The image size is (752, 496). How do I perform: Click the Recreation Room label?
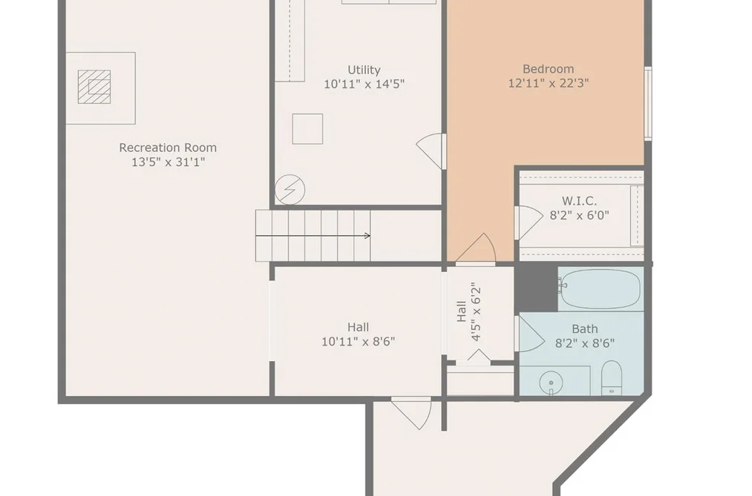(168, 148)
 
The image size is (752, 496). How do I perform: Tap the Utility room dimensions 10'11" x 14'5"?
(364, 85)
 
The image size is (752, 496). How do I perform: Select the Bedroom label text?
(548, 69)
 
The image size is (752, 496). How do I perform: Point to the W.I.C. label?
(579, 201)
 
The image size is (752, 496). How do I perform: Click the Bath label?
(585, 329)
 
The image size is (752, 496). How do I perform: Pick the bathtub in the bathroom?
(600, 289)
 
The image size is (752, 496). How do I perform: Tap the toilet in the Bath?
(612, 377)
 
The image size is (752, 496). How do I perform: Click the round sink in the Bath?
(551, 383)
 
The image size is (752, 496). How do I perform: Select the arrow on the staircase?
(313, 236)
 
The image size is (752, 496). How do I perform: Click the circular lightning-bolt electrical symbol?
(290, 190)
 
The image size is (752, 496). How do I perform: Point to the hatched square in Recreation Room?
(94, 87)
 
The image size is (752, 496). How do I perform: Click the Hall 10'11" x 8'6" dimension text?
(359, 342)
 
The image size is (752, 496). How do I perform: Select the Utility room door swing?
(431, 151)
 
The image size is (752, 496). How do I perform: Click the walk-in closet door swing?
(529, 222)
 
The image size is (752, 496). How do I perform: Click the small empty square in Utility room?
(307, 129)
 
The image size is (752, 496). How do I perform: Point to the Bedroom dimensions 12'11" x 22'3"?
(548, 83)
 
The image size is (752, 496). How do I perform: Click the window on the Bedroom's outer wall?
(648, 103)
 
